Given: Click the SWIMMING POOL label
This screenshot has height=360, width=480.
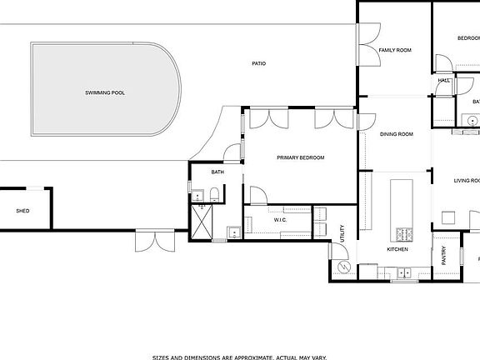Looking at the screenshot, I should click(x=105, y=92).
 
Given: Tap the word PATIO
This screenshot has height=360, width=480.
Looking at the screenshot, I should click(x=259, y=63).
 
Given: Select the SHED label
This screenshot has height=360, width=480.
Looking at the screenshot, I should click(x=22, y=211).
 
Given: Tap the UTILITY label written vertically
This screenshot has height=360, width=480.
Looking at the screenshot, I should click(x=343, y=234).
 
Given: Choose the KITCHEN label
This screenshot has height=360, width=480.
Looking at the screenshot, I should click(x=397, y=249).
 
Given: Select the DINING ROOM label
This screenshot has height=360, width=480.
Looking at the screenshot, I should click(x=397, y=134).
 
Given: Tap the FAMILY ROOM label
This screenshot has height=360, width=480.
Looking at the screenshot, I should click(x=395, y=50).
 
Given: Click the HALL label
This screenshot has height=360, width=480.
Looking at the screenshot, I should click(x=443, y=81).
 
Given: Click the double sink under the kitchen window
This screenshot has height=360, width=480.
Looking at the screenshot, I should click(x=404, y=272).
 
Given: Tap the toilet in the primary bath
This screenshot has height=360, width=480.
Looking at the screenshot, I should click(x=215, y=197).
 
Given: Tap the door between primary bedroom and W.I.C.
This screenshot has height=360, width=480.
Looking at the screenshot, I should click(x=258, y=197).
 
